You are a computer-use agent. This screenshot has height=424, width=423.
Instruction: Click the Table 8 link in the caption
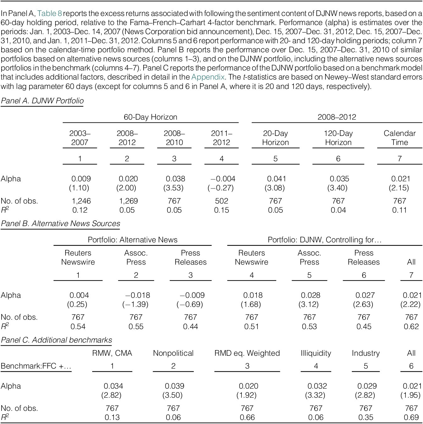(50, 13)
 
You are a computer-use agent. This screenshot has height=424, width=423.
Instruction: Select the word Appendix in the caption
(208, 77)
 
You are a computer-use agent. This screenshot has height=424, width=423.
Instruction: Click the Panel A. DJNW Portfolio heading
(42, 101)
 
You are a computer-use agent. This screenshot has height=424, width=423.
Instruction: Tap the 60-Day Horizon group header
(150, 117)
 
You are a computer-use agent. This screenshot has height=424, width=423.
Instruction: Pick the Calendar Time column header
(399, 138)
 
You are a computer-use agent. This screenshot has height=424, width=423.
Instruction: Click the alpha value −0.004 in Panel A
(223, 179)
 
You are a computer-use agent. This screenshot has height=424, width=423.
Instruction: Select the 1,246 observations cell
(81, 201)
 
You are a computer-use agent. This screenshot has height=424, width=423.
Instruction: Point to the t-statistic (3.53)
(173, 188)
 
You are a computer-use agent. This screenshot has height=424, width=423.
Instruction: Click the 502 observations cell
(221, 201)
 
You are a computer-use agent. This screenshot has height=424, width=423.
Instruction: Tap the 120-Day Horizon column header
(338, 138)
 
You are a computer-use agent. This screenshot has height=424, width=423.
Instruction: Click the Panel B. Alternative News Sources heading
(61, 223)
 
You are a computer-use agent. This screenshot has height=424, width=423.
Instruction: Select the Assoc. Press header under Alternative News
(136, 257)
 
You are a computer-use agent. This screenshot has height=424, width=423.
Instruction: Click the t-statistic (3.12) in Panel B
(309, 304)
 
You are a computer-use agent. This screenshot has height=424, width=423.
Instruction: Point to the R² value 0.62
(411, 326)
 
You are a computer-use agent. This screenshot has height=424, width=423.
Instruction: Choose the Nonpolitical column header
(173, 353)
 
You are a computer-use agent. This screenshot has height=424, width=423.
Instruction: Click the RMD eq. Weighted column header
(247, 353)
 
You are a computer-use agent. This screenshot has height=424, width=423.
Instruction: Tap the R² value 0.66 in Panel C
(247, 417)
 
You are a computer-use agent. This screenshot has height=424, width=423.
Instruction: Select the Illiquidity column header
(316, 353)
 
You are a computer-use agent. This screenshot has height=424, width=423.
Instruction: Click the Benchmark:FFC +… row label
(36, 366)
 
